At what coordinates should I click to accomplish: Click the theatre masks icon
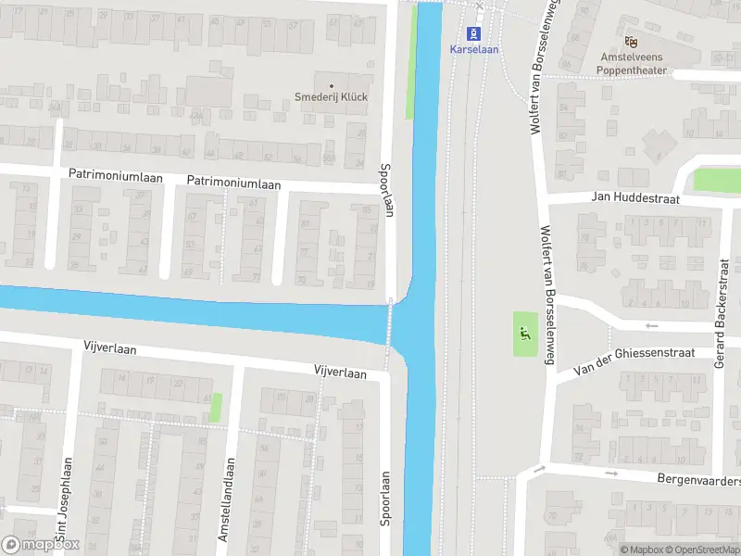pos(632,41)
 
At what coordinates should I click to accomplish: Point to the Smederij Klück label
pos(332,97)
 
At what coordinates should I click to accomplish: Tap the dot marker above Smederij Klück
pos(331,85)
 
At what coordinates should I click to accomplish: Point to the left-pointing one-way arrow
pos(651,325)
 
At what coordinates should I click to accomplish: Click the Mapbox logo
pos(41,545)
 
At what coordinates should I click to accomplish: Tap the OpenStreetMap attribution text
pos(705,550)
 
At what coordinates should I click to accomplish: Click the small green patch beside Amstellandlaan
pos(217,408)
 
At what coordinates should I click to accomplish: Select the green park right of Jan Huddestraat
pos(716,180)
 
